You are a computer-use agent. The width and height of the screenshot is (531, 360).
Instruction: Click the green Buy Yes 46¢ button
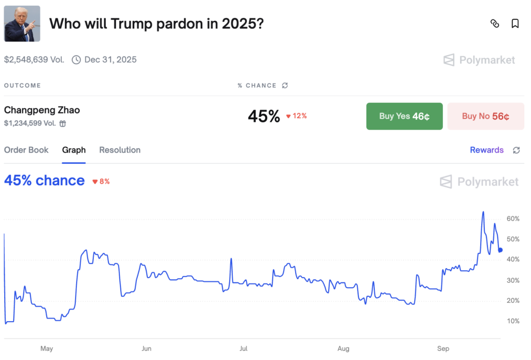click(404, 116)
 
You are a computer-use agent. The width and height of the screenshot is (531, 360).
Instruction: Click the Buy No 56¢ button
click(485, 116)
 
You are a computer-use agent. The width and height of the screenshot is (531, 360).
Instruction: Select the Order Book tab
click(26, 150)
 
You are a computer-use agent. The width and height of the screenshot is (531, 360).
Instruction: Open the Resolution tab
click(120, 150)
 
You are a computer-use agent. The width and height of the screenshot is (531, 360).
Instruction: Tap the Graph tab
click(74, 150)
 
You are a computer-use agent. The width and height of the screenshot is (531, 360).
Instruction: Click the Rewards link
click(486, 150)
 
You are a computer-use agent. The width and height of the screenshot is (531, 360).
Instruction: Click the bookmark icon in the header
click(515, 24)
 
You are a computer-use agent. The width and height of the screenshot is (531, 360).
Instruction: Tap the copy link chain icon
click(495, 24)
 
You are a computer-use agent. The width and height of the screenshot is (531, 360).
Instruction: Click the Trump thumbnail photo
click(22, 24)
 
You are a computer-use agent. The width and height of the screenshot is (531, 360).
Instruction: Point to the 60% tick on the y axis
click(513, 219)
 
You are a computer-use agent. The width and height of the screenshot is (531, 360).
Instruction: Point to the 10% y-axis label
click(513, 321)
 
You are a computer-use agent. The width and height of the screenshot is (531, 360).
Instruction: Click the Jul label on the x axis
click(243, 349)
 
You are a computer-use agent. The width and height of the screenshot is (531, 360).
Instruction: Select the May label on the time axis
click(47, 349)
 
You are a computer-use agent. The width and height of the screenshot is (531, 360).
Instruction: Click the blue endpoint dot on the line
click(500, 250)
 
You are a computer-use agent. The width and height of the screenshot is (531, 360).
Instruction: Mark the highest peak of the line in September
click(483, 212)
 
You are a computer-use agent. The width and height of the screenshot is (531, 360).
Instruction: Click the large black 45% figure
click(263, 116)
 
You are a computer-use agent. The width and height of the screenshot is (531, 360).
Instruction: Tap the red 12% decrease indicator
click(297, 116)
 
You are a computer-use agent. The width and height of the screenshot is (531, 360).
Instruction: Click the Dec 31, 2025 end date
click(110, 60)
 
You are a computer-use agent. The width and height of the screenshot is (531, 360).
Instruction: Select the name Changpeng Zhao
click(42, 110)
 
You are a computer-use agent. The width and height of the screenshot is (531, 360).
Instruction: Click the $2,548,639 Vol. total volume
click(34, 60)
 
